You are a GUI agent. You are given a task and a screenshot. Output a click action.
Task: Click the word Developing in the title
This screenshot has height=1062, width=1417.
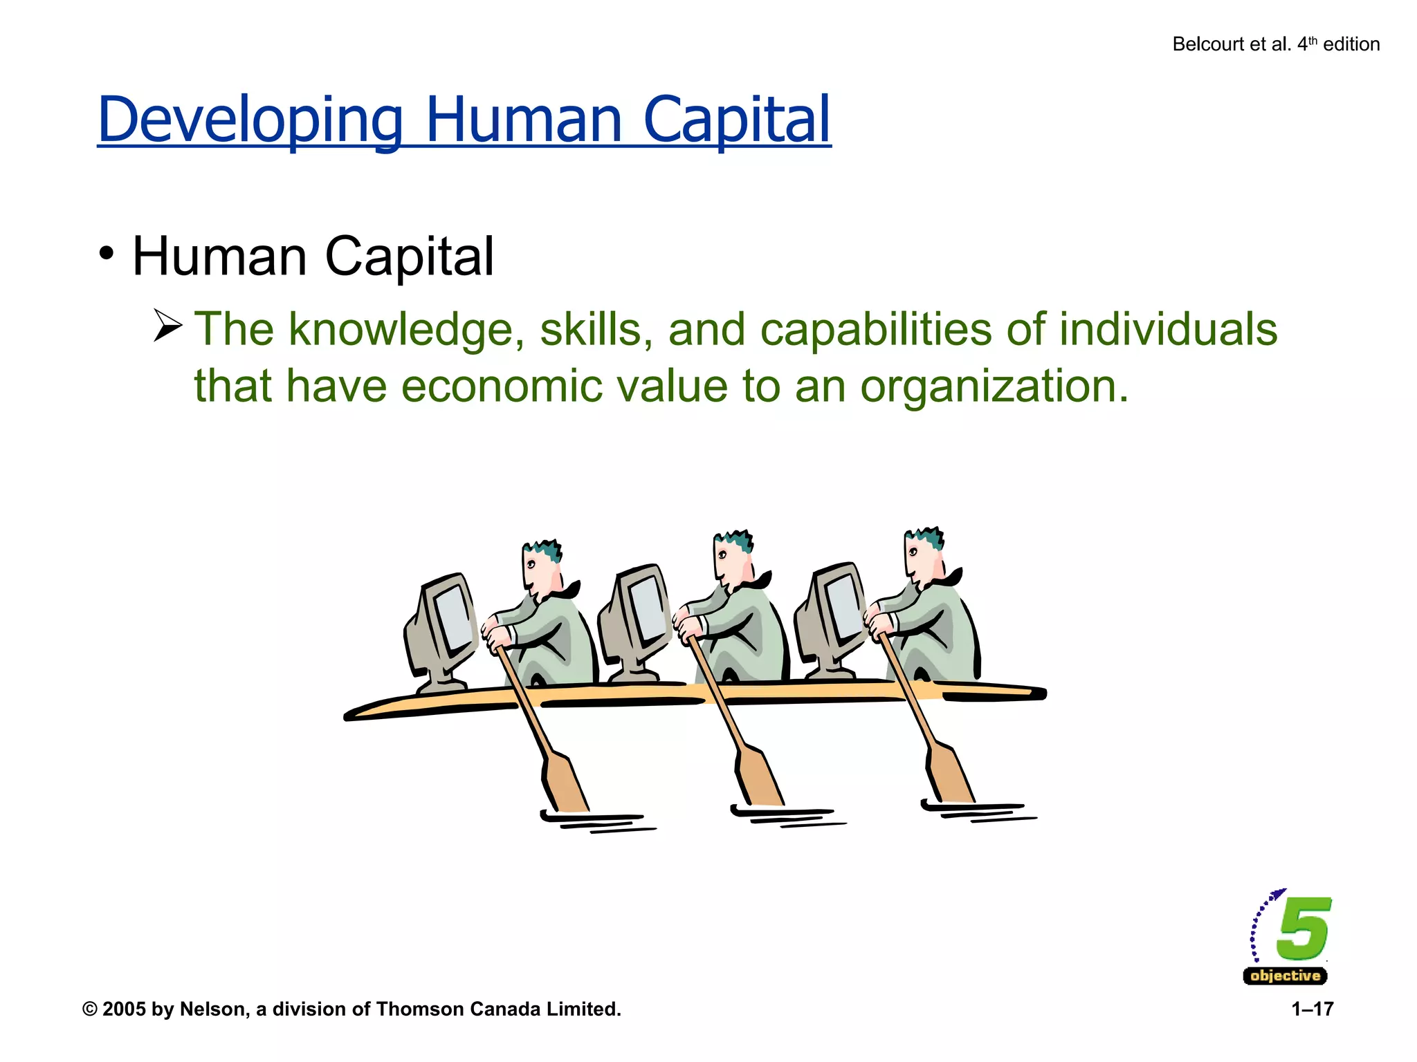(x=250, y=120)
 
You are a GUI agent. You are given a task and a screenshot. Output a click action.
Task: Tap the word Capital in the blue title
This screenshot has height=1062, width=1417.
(x=736, y=120)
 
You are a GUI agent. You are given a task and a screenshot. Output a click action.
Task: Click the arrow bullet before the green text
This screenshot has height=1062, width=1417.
(x=167, y=326)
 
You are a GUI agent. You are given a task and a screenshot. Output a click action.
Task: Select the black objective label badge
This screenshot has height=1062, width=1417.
(x=1285, y=976)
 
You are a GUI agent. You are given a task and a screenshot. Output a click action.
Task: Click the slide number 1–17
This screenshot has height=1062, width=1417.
(x=1312, y=1009)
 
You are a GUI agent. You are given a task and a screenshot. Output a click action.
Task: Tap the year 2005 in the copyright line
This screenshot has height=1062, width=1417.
(x=125, y=1009)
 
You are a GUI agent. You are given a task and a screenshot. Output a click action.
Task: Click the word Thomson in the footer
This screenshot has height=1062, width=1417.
(x=420, y=1009)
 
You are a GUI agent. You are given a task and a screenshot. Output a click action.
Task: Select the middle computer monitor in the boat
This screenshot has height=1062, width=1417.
(x=637, y=615)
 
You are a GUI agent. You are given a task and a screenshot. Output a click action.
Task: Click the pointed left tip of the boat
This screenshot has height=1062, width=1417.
(x=350, y=715)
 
